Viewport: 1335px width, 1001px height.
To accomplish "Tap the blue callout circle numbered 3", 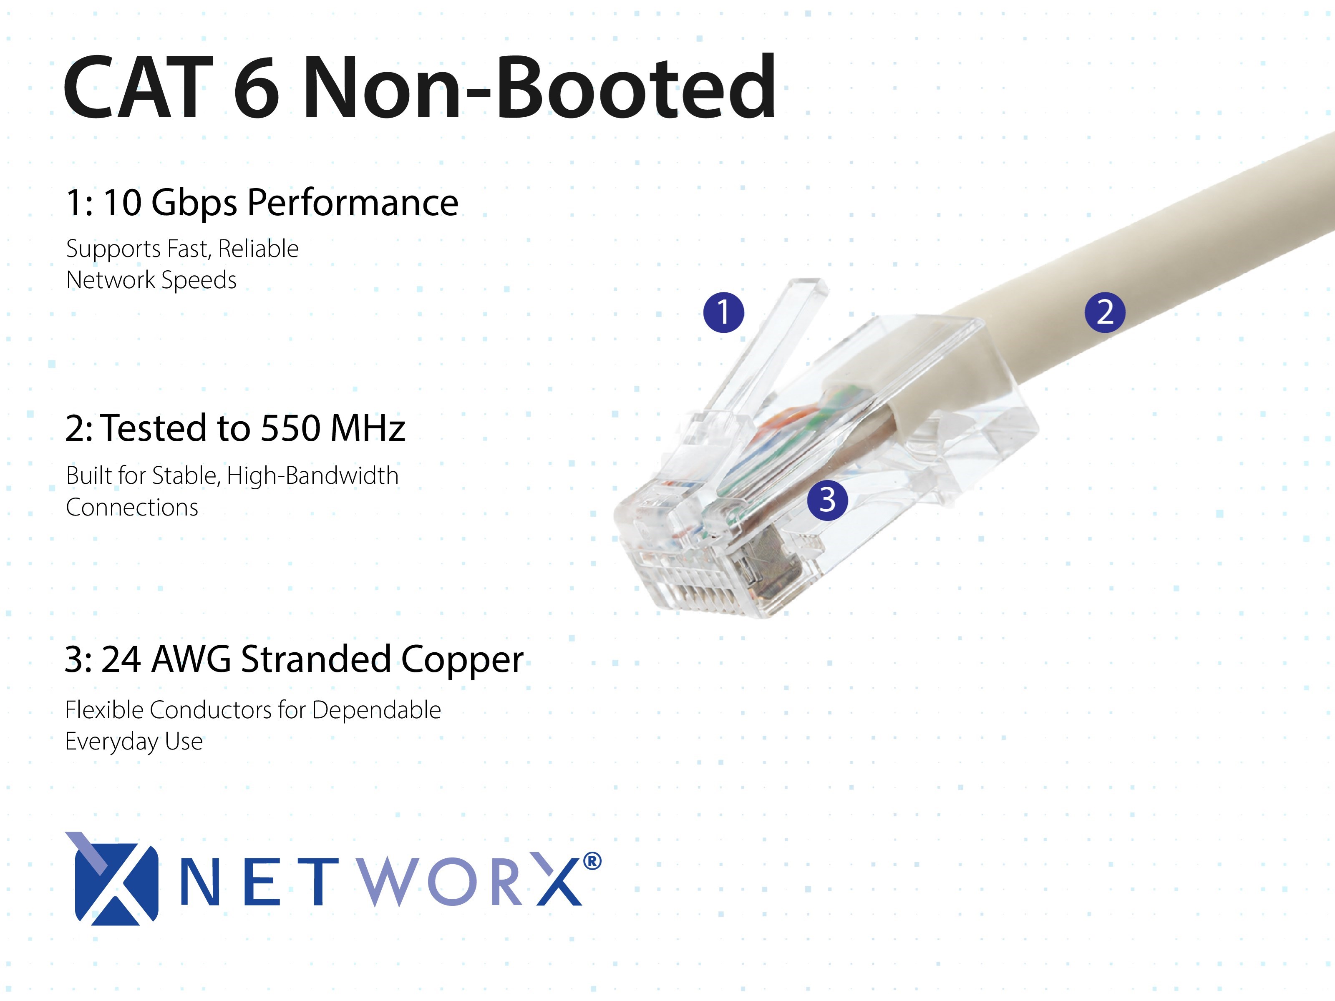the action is [x=827, y=500].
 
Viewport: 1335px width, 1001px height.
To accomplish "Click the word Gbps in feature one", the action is [x=194, y=204].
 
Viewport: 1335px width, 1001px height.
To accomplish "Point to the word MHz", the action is [x=368, y=428].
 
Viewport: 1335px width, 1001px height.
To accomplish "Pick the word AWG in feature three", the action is [x=191, y=659].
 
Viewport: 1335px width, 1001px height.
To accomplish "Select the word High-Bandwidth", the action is [x=312, y=476].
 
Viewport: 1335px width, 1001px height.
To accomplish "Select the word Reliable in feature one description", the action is [x=258, y=249].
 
